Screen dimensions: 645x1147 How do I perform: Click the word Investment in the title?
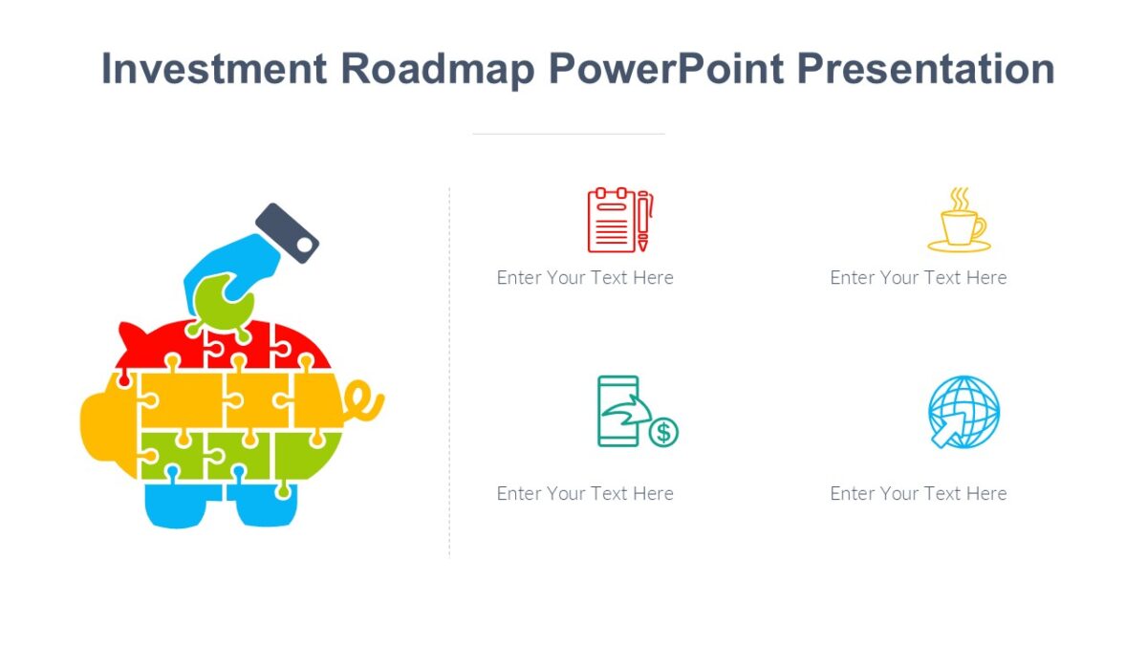coord(214,69)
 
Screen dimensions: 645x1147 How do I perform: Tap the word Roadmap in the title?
coord(438,69)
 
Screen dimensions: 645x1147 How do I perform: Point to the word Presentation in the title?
coord(926,69)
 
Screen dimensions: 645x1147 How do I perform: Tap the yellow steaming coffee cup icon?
coord(960,222)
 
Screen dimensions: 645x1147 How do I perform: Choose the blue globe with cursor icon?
coord(963,412)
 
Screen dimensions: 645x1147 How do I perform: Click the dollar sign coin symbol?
coord(663,433)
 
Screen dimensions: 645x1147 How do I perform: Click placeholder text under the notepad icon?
coord(585,278)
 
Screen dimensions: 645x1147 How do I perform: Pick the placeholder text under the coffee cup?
coord(918,278)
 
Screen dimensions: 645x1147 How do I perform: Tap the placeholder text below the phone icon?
coord(585,494)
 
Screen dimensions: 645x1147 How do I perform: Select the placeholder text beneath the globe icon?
coord(918,494)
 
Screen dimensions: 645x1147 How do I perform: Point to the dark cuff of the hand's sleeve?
coord(287,232)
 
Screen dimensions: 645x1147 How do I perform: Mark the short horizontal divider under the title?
coord(568,134)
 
